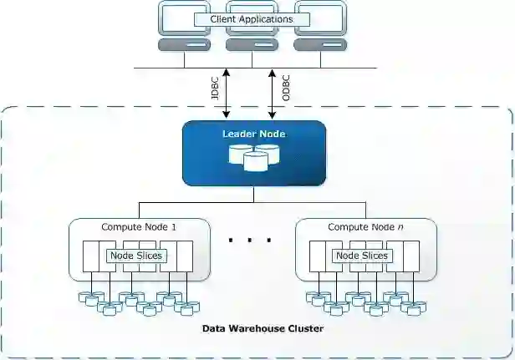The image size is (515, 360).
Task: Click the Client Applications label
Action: point(252,18)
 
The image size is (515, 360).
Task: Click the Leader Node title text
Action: point(253,134)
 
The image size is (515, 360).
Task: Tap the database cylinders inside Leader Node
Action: point(254,156)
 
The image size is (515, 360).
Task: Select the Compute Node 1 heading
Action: point(139,227)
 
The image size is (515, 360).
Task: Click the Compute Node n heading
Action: point(366,227)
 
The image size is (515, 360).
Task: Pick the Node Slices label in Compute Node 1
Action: point(135,256)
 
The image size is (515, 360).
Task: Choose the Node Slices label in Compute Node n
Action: point(361,256)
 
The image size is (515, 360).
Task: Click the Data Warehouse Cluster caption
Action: point(263,329)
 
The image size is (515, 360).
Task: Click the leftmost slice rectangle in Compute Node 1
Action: point(91,256)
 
